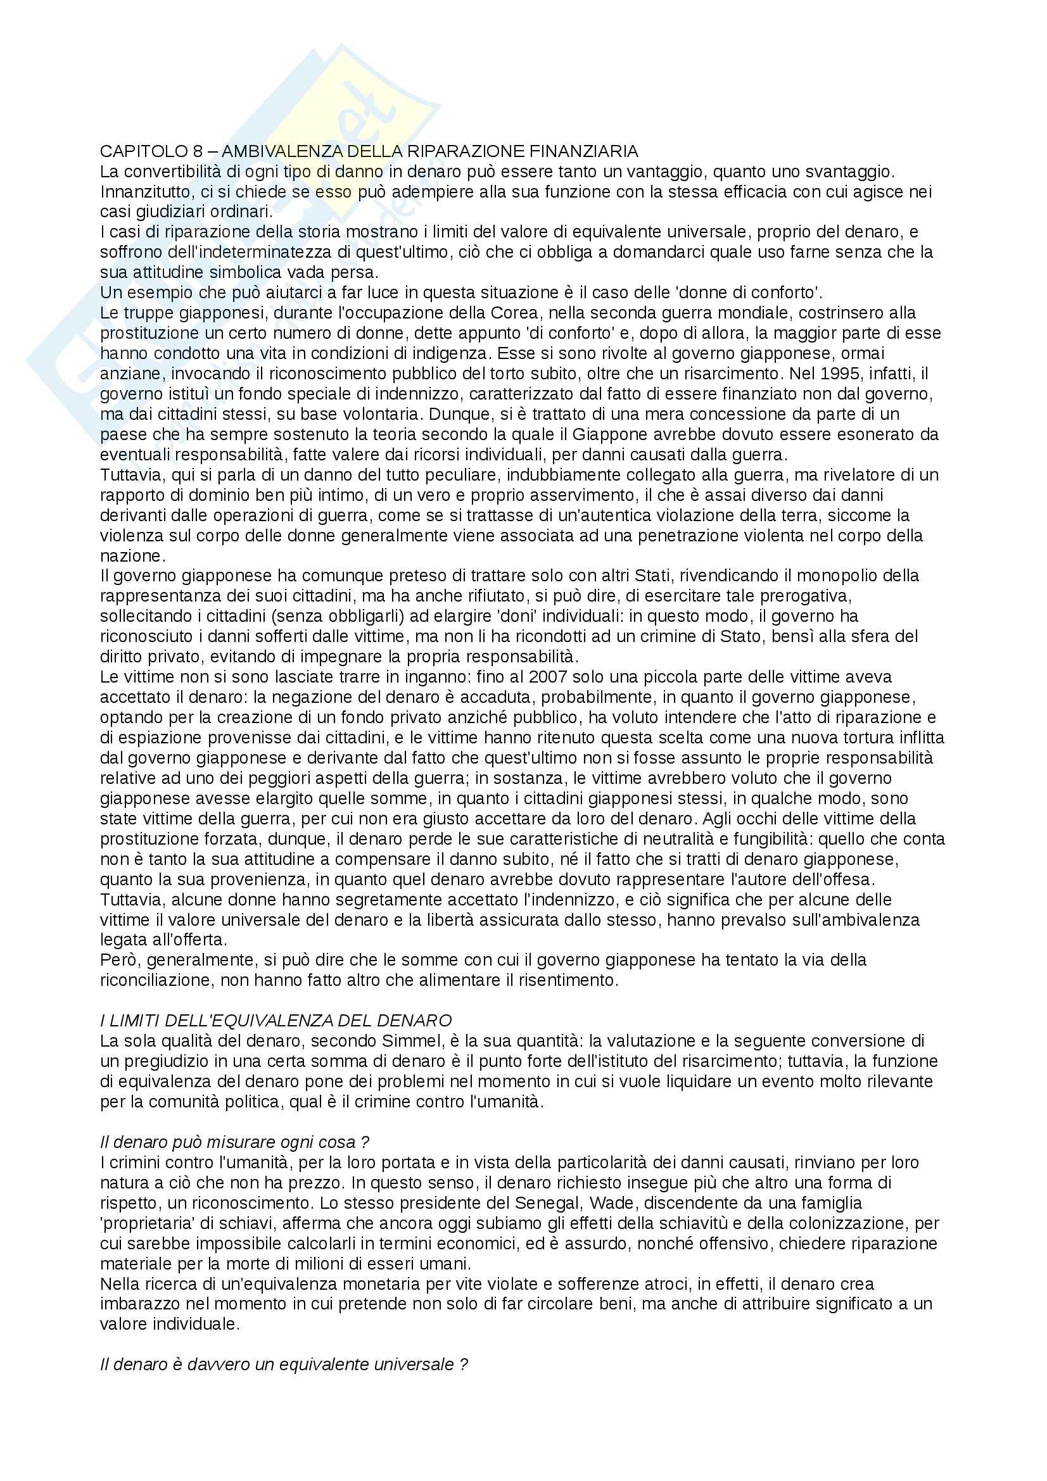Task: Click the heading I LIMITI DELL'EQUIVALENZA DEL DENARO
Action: [276, 1021]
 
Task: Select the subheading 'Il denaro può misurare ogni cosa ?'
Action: [235, 1142]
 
